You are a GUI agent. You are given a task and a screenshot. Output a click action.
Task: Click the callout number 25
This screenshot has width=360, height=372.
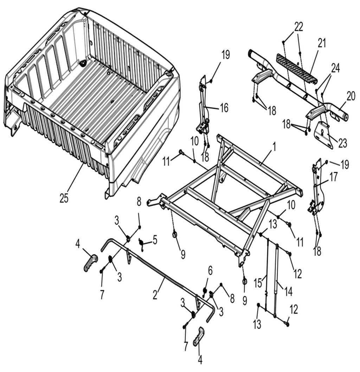(x=64, y=198)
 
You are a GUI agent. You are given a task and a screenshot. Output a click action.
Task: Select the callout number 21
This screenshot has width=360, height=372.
(x=322, y=43)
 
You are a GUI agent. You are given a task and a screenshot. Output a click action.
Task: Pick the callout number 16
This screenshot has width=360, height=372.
(x=224, y=108)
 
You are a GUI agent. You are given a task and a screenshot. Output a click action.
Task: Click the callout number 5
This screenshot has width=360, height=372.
(x=155, y=241)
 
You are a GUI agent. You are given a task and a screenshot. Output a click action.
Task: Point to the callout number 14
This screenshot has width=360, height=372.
(x=288, y=290)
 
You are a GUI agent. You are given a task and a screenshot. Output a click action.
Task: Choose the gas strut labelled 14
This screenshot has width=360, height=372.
(x=276, y=278)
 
